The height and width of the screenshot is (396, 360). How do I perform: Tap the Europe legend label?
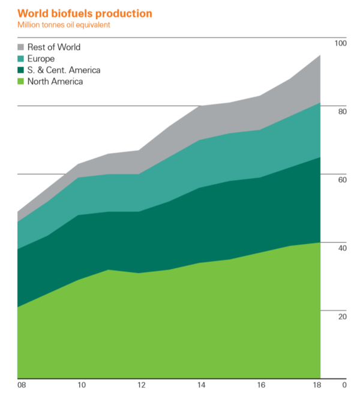point(41,59)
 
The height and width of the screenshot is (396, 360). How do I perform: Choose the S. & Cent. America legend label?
point(64,70)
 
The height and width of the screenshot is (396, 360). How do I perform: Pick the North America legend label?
point(55,82)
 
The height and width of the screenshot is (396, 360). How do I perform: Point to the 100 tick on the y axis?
point(341,44)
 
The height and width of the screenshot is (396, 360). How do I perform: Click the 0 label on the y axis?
point(344,385)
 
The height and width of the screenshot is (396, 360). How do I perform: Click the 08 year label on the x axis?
point(22,385)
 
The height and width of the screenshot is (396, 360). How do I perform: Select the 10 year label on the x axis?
point(82,385)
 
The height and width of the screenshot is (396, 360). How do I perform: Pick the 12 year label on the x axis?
point(140,385)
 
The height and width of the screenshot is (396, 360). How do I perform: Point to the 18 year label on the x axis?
point(317,385)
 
